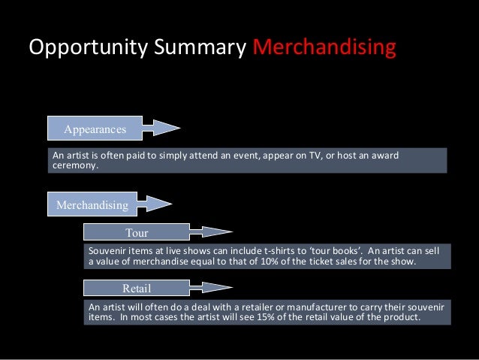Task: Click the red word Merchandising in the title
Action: pyautogui.click(x=324, y=48)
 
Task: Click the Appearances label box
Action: pyautogui.click(x=95, y=129)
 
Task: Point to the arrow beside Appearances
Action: pyautogui.click(x=160, y=129)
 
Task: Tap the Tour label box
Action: pyautogui.click(x=137, y=233)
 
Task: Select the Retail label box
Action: pyautogui.click(x=137, y=288)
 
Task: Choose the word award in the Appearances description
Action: pyautogui.click(x=384, y=156)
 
